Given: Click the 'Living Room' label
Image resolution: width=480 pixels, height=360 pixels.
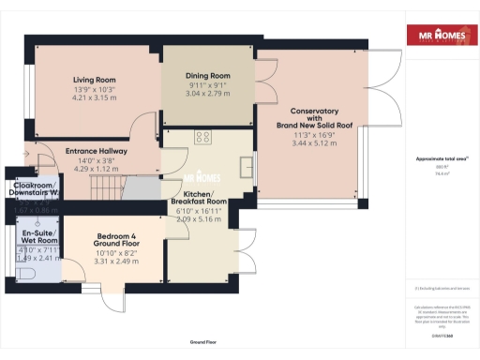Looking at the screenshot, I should coord(93,79).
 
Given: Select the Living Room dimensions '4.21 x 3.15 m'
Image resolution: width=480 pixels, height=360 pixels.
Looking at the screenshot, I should coord(93,96).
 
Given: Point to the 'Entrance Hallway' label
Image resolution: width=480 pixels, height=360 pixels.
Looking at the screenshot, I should coord(90,150).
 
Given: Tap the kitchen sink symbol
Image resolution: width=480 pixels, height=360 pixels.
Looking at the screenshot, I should coord(246,168).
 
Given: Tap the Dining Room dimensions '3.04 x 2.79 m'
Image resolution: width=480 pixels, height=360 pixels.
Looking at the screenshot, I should coord(205,94).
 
